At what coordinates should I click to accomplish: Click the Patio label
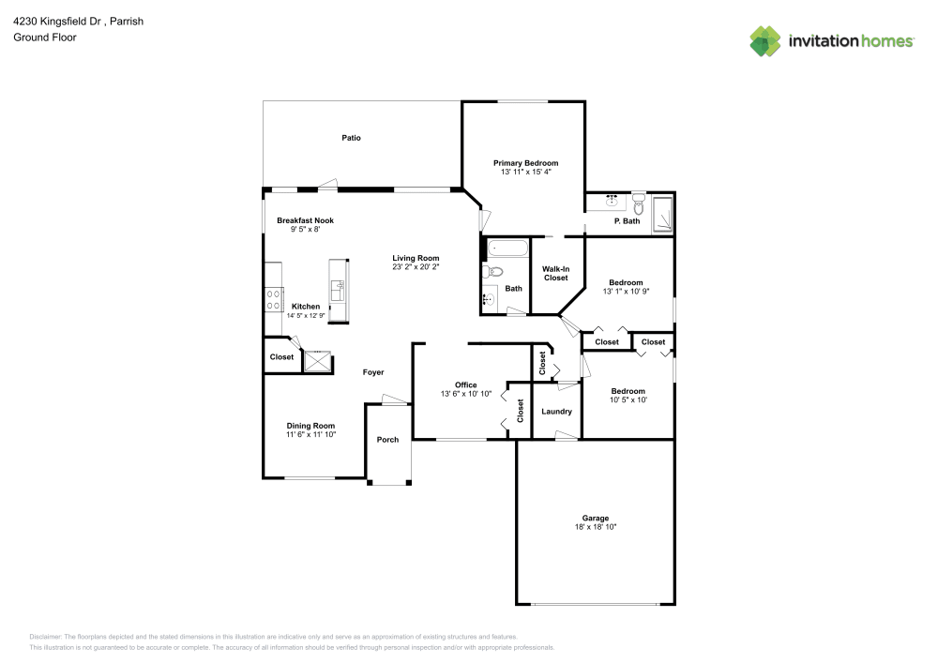[351, 138]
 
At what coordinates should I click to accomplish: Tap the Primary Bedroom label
[525, 163]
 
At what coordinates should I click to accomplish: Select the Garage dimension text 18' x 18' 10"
[596, 527]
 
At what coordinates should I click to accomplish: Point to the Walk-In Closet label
[555, 273]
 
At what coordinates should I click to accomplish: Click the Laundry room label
[556, 412]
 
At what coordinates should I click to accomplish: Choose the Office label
[466, 384]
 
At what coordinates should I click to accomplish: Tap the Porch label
[387, 439]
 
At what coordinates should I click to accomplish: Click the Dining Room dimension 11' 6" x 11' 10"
[310, 434]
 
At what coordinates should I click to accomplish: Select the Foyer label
[373, 372]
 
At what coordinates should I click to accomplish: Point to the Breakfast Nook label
[305, 220]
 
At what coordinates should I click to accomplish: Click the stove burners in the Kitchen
[274, 298]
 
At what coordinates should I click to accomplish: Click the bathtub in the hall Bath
[507, 249]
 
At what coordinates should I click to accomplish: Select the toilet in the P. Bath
[639, 202]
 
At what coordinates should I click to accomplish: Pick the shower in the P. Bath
[663, 214]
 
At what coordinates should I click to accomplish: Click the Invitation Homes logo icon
[765, 41]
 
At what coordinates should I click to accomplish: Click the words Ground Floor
[45, 38]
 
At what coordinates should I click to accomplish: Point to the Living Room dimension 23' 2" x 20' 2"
[416, 267]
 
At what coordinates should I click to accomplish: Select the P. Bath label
[627, 221]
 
